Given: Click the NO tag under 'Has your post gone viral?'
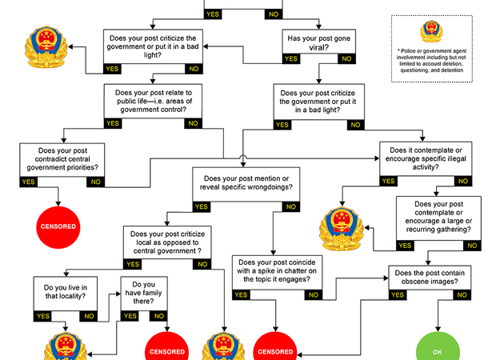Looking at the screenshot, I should pyautogui.click(x=346, y=58).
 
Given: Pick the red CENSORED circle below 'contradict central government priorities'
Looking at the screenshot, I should pyautogui.click(x=58, y=226).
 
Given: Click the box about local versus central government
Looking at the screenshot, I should pyautogui.click(x=166, y=242).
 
